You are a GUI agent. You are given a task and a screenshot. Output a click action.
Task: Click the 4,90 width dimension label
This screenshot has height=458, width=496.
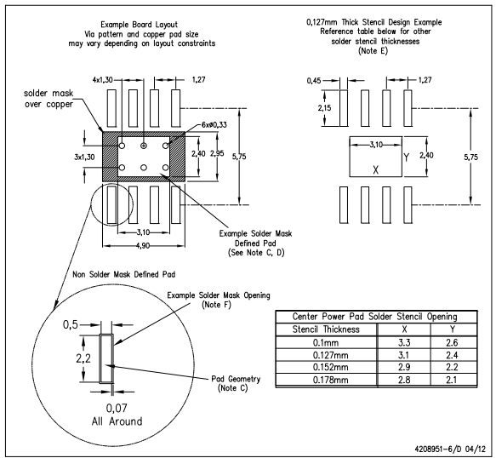pos(143,246)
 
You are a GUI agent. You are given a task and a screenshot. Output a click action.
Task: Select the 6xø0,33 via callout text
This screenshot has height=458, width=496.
pos(214,124)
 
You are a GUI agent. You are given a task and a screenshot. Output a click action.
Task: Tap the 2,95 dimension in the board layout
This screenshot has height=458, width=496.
pos(217,153)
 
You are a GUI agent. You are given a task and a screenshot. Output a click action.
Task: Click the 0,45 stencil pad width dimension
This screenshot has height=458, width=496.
pos(314,81)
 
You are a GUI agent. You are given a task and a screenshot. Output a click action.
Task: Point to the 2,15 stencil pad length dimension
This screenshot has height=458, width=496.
pos(324,108)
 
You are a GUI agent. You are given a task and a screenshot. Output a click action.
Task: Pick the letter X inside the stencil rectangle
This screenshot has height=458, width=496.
pos(375,170)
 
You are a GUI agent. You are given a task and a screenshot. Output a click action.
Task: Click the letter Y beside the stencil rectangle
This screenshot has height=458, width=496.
pos(407,157)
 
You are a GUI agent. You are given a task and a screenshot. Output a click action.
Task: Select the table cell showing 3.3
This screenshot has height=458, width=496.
pos(404,342)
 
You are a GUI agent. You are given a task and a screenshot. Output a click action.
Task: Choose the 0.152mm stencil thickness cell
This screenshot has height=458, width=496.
pos(331,367)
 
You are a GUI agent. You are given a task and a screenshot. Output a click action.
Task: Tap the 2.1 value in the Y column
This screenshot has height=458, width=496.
pos(452,380)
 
